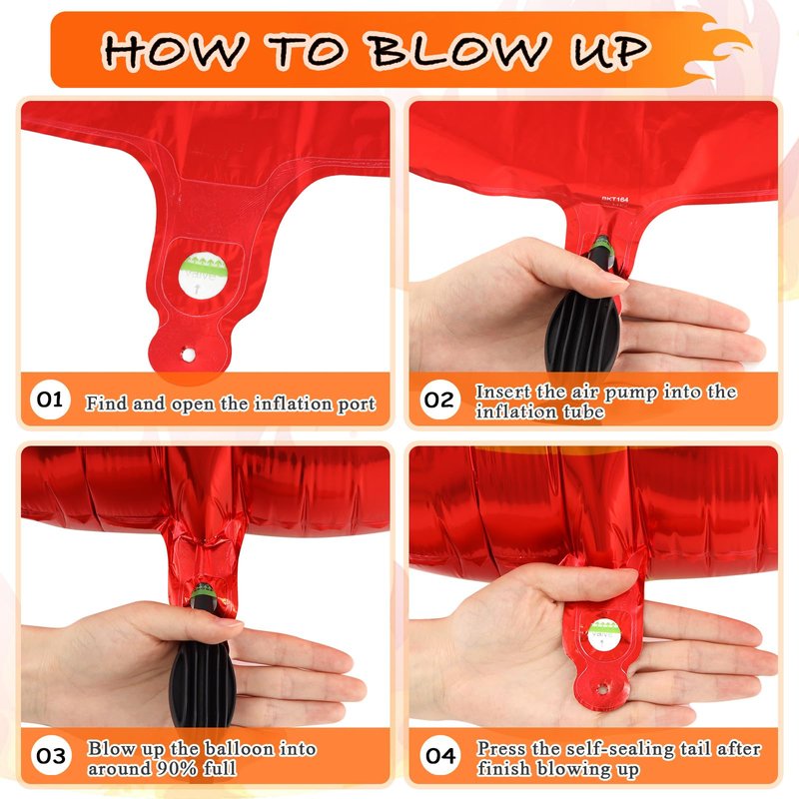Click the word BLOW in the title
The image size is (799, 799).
[458, 49]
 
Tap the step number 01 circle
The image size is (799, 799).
[49, 399]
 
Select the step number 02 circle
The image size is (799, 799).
[439, 399]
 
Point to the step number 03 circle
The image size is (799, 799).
[51, 756]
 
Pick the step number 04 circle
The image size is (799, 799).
[440, 756]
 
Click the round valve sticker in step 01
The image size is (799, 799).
[203, 278]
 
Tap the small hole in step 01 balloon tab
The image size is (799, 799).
[188, 355]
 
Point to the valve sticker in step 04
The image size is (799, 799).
[604, 634]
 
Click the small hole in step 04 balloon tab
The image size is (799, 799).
[602, 689]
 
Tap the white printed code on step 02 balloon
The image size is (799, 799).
[614, 200]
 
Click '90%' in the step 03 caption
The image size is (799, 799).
[177, 768]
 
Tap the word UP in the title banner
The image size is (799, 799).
[609, 50]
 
